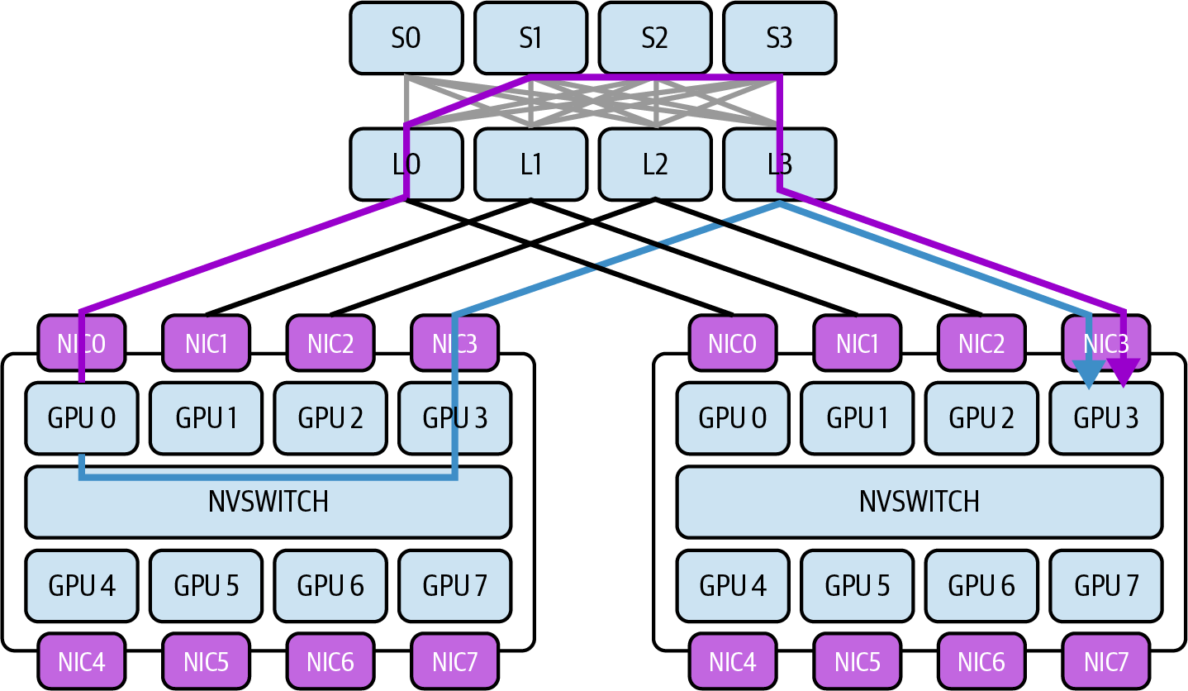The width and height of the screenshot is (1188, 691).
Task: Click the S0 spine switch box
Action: tap(406, 38)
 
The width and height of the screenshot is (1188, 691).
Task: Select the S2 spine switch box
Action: tap(655, 38)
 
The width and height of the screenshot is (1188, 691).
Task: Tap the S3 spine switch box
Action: tap(780, 38)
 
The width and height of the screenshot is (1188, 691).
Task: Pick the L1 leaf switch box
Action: tap(531, 164)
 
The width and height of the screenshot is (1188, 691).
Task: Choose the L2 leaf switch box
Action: tap(655, 164)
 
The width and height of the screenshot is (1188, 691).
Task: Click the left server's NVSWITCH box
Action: tap(268, 502)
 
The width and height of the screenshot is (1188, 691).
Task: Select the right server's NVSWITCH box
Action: tap(920, 502)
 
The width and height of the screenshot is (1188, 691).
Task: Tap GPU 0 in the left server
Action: tap(82, 418)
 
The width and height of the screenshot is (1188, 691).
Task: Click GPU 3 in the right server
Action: tap(1106, 418)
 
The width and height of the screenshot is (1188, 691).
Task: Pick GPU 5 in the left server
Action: tap(207, 586)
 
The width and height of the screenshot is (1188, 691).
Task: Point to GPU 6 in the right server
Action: tap(981, 586)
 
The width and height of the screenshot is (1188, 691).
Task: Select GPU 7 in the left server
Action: tap(455, 586)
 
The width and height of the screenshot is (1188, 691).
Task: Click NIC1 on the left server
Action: tap(207, 343)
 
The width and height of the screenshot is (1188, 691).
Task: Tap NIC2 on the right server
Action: tap(981, 343)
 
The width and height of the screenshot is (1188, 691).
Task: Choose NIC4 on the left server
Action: tap(82, 662)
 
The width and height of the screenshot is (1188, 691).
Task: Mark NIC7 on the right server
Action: tap(1106, 662)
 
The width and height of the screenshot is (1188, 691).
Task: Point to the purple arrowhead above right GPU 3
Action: tap(1124, 372)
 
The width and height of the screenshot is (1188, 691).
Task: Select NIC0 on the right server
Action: tap(733, 343)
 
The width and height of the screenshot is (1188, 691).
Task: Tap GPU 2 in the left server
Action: tap(330, 418)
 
